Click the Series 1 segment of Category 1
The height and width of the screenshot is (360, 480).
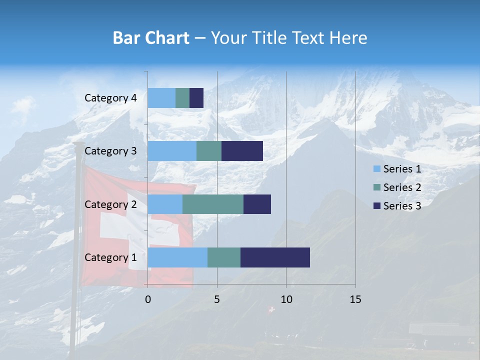click(177, 257)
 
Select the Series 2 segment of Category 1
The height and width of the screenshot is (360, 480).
click(224, 257)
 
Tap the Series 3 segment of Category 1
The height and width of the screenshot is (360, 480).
click(275, 257)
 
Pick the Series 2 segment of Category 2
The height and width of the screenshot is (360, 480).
click(213, 204)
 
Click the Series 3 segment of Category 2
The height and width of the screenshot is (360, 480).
click(257, 204)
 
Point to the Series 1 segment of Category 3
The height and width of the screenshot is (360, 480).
click(172, 151)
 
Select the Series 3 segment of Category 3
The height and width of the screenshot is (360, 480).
click(242, 151)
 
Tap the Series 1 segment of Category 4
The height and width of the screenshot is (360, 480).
click(161, 98)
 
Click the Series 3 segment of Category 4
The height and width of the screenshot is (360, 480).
click(196, 98)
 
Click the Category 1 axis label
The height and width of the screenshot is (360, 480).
click(110, 257)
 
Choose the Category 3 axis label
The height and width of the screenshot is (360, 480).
click(110, 151)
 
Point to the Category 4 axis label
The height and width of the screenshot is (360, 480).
click(110, 98)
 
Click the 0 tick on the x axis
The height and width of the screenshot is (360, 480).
click(148, 299)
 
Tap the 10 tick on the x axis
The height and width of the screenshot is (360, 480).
click(286, 299)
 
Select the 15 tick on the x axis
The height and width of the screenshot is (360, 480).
click(355, 299)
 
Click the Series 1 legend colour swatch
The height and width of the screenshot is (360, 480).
click(377, 169)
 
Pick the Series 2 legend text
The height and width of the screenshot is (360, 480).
click(402, 187)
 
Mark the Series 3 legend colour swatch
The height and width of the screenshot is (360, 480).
click(377, 206)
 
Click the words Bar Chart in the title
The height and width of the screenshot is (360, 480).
click(151, 38)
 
